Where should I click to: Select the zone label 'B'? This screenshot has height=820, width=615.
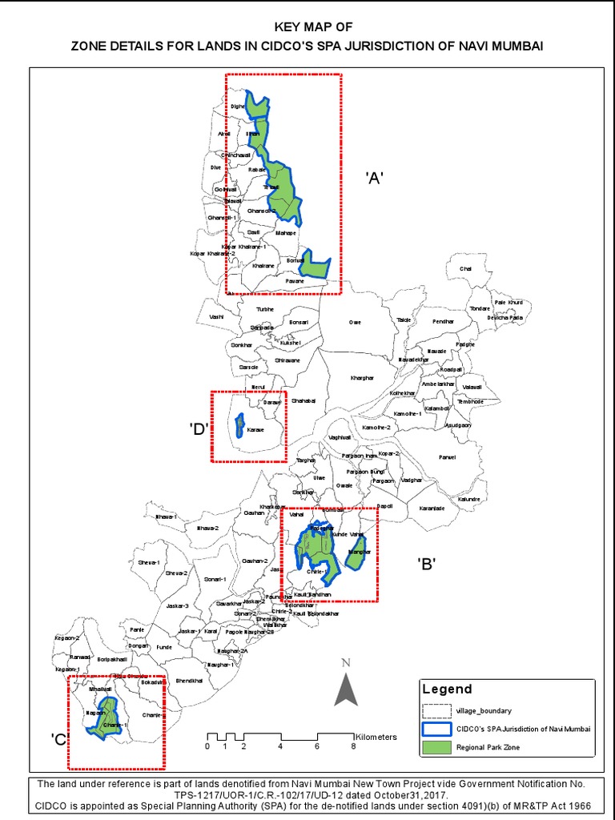[426, 565]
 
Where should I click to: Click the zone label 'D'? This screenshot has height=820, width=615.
[199, 428]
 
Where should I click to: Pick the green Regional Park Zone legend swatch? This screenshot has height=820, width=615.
[436, 749]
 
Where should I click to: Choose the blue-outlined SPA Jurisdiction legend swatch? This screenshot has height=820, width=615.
[436, 729]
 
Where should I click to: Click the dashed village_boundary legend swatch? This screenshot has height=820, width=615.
[436, 709]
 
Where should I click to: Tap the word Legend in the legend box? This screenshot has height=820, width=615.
[447, 689]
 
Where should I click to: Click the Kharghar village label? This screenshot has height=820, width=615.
[363, 377]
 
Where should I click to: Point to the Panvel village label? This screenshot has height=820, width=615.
[446, 458]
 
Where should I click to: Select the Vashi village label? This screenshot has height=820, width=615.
[216, 317]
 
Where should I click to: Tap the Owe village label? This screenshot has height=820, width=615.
[355, 322]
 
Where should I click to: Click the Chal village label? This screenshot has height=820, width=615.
[465, 269]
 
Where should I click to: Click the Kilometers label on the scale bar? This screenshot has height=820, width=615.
[376, 736]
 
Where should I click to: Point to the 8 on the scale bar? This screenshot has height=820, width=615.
[353, 746]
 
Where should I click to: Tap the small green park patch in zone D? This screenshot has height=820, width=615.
[239, 425]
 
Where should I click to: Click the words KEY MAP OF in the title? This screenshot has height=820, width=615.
[307, 26]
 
